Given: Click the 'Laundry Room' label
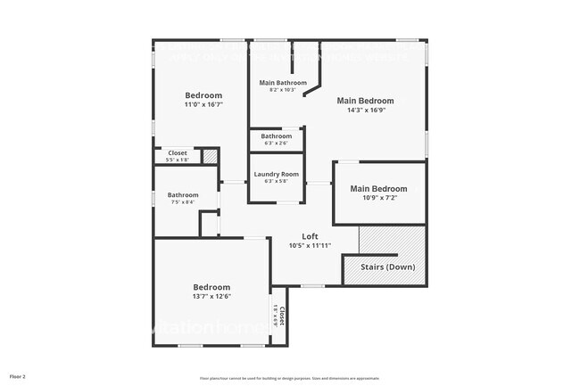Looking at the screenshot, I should click(276, 174).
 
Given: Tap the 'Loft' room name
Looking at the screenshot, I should click(310, 236).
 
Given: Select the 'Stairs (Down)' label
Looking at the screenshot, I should click(386, 267).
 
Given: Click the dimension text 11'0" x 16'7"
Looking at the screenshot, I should click(203, 104).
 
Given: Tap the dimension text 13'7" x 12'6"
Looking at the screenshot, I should click(212, 296).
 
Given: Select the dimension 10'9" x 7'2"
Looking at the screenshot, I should click(378, 198).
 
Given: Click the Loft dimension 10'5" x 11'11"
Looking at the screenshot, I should click(310, 246).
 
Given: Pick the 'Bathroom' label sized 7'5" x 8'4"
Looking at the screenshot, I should click(183, 194).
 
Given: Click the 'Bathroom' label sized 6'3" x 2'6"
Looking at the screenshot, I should click(276, 136).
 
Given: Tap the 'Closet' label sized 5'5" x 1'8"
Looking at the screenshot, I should click(178, 152).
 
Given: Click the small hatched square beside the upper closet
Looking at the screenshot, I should click(210, 156).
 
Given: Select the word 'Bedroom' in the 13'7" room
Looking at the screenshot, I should click(212, 287).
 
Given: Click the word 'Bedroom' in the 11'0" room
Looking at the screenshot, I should click(203, 94).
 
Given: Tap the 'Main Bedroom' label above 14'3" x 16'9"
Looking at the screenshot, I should click(364, 101).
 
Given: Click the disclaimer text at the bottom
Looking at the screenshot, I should click(289, 378).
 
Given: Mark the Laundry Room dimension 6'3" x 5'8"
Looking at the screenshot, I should click(276, 182).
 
